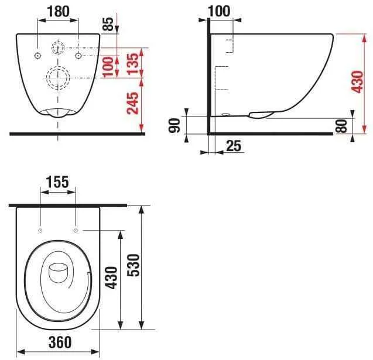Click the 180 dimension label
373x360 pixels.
pos(59,11)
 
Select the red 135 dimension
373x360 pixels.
pos(133,64)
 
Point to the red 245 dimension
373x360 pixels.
pos(132,103)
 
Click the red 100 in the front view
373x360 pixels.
pos(108,67)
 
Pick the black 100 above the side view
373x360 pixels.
pos(219,11)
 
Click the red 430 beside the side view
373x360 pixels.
pos(358,82)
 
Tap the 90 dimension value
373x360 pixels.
pos(174,125)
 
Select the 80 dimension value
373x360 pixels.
pos(341,126)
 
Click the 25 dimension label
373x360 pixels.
pos(234,146)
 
